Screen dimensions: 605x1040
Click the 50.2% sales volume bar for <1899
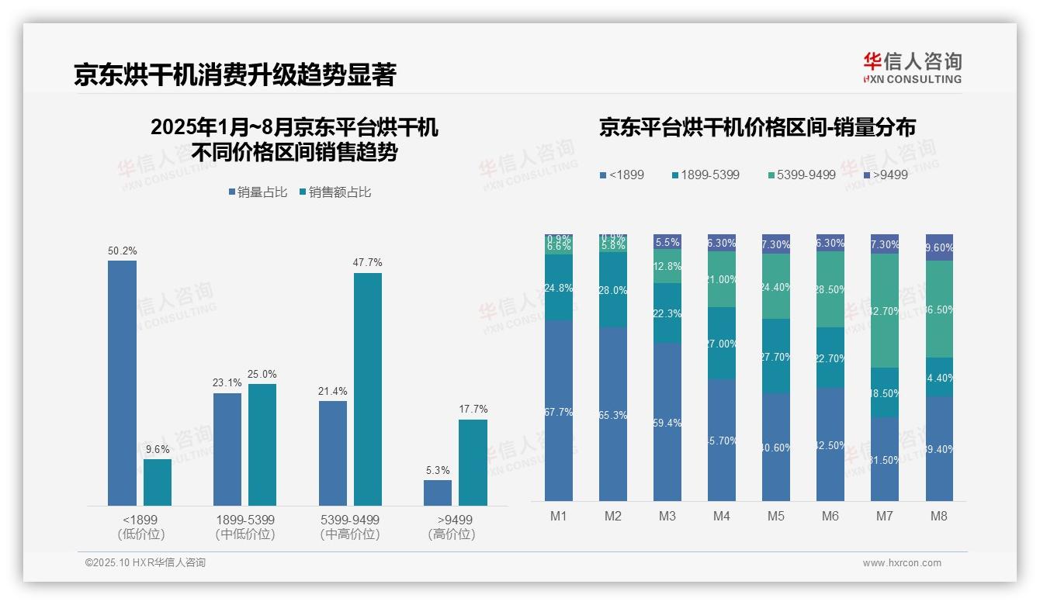point(122,383)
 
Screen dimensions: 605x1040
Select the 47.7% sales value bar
point(368,389)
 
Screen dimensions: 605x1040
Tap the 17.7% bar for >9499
point(473,463)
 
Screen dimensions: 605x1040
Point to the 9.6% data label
point(158,449)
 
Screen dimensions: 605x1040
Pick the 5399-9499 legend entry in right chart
point(801,175)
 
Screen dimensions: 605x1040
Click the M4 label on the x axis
point(722,517)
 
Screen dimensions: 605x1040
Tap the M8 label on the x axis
point(939,517)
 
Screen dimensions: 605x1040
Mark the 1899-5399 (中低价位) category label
point(244,527)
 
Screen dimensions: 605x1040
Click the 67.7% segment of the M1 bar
point(559,411)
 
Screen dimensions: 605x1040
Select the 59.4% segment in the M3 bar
point(667,422)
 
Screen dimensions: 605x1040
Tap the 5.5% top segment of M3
point(667,242)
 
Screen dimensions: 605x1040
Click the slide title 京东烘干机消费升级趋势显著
point(235,75)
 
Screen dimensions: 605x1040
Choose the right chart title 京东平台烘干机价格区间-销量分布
point(757,127)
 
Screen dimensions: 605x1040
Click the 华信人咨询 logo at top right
point(912,68)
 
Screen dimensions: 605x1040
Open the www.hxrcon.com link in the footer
point(902,563)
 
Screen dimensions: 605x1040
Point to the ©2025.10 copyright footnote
point(145,563)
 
